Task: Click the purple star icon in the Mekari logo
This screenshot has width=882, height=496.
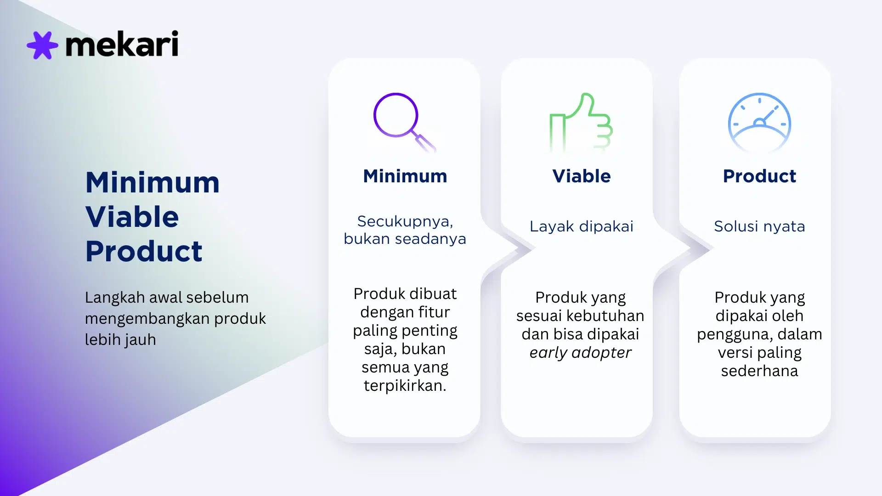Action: [x=42, y=45]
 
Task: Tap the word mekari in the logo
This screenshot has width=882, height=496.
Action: [x=122, y=44]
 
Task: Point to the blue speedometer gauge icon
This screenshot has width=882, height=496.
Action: [x=759, y=122]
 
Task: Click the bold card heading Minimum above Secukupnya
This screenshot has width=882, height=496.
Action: [x=405, y=176]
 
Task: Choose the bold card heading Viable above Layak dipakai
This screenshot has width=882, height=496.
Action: [x=581, y=176]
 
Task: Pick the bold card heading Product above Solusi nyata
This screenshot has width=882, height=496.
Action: [x=759, y=176]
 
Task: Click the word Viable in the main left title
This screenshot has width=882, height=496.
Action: [x=132, y=217]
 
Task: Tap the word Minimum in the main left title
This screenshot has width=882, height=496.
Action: [x=153, y=182]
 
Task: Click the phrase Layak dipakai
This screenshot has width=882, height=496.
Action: [x=581, y=226]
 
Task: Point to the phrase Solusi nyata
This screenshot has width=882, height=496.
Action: [x=759, y=226]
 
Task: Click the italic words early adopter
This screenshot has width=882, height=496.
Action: [x=580, y=353]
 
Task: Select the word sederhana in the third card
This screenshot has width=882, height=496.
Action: [x=759, y=371]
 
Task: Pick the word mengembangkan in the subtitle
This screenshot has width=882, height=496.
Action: [x=147, y=319]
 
